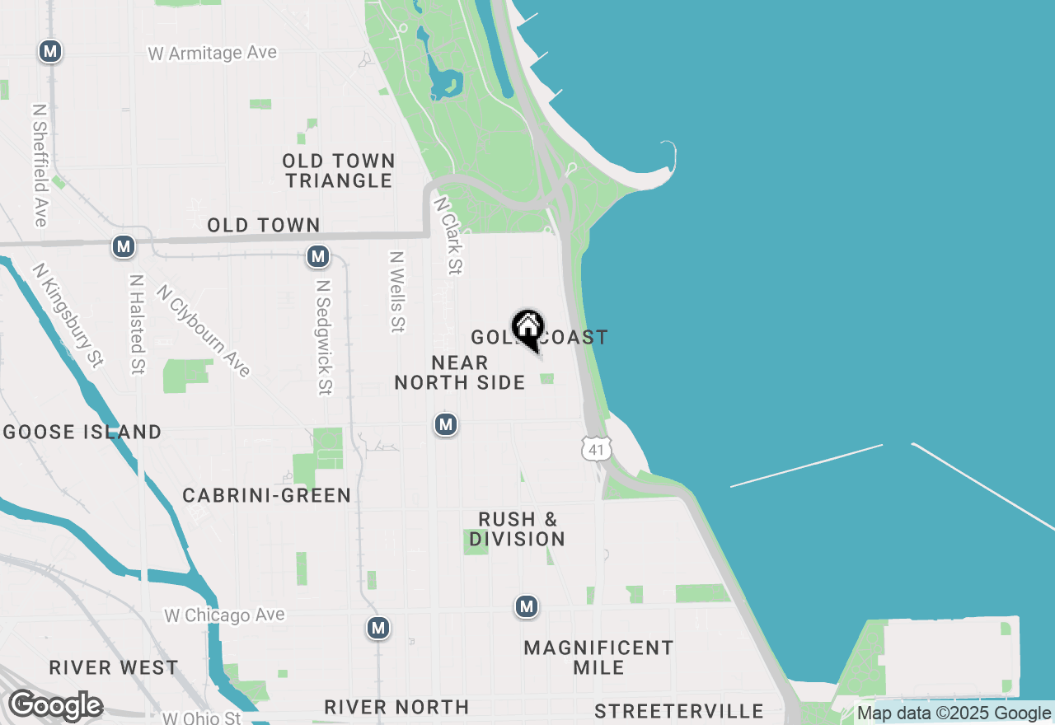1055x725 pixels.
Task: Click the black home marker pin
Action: (x=527, y=328)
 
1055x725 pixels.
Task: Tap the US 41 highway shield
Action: (x=595, y=447)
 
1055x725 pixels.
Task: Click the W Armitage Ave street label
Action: (x=213, y=54)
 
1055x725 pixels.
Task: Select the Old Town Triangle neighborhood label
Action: (x=339, y=171)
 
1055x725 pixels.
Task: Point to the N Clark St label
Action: (x=448, y=234)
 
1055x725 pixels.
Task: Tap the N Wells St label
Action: (x=397, y=292)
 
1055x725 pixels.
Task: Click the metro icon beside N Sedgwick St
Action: (x=318, y=256)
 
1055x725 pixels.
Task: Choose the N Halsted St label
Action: (x=137, y=324)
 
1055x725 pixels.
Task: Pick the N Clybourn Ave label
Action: (x=203, y=330)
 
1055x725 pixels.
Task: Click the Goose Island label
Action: (x=82, y=432)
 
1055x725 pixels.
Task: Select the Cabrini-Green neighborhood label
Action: (x=266, y=495)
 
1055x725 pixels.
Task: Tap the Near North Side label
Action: (x=459, y=372)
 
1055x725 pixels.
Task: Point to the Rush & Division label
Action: (x=518, y=529)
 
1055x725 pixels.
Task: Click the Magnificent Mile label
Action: (x=598, y=657)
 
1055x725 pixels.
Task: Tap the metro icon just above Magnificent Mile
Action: (x=527, y=607)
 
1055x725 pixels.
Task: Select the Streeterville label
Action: (x=678, y=711)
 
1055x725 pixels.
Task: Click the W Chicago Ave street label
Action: (x=224, y=615)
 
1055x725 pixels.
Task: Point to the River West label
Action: (x=113, y=667)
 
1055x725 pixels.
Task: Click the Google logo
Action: (x=55, y=705)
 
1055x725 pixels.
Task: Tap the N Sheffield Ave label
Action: (x=40, y=165)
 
